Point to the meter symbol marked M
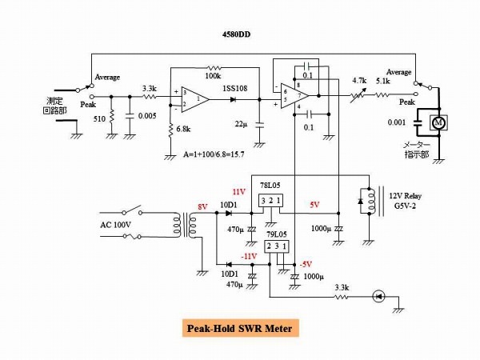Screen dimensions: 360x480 (x=438, y=123)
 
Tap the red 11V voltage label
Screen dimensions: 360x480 (x=239, y=193)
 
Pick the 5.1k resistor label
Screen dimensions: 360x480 (x=383, y=80)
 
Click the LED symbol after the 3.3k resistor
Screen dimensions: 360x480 (x=382, y=297)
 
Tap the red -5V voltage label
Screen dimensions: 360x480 (x=305, y=265)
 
